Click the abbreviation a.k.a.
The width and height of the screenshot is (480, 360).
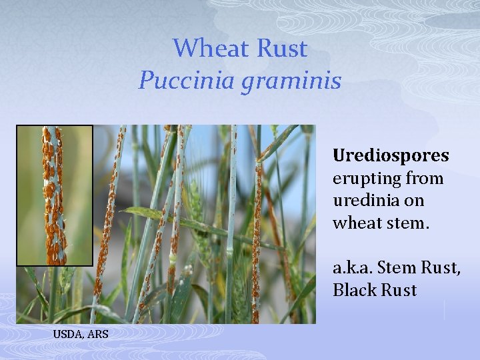click(x=353, y=268)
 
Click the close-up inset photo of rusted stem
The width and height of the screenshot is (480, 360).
click(x=55, y=195)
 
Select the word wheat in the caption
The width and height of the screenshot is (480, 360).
click(x=357, y=223)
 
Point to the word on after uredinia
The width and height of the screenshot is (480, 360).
click(x=414, y=201)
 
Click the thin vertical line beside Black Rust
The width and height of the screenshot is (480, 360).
click(x=445, y=309)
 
